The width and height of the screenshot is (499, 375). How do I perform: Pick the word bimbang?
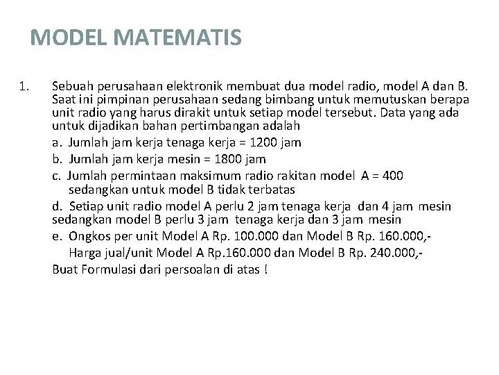(x=277, y=100)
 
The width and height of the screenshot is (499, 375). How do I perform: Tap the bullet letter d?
(x=57, y=206)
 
